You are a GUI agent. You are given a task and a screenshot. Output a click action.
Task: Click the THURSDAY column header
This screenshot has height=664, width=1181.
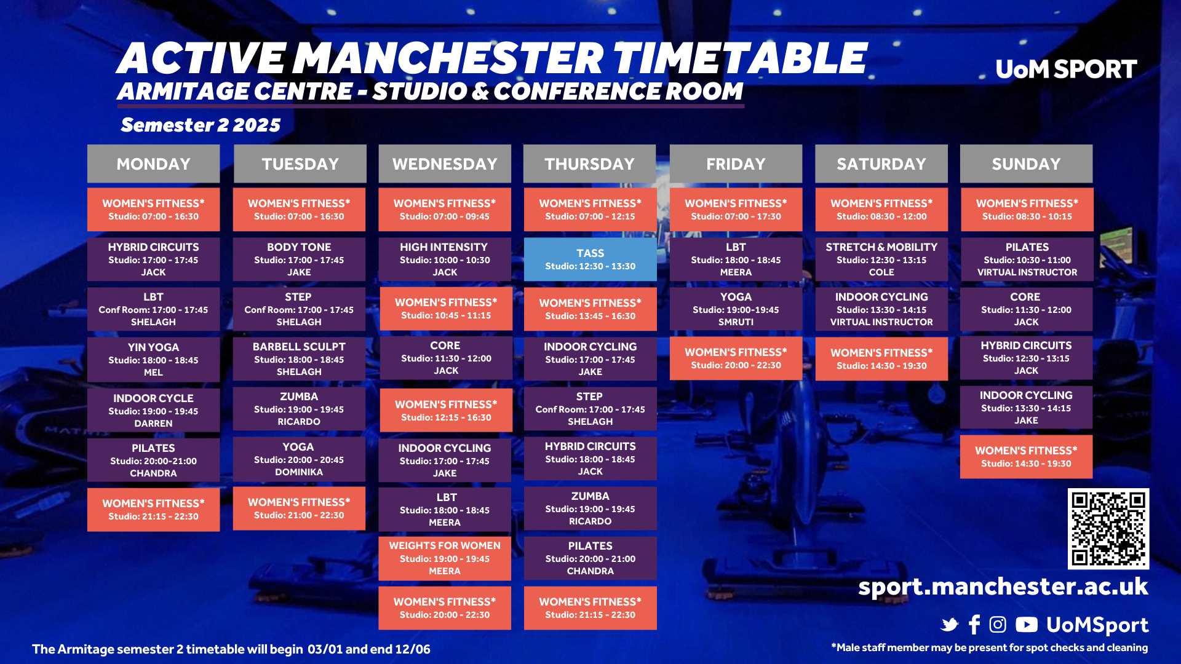click(x=589, y=164)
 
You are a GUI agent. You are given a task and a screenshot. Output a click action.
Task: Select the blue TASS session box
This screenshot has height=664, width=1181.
click(x=590, y=259)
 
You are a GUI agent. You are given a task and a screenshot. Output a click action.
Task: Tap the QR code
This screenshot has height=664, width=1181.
click(x=1108, y=529)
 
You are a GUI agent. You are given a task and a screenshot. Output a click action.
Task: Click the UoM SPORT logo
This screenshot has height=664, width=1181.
click(x=1066, y=69)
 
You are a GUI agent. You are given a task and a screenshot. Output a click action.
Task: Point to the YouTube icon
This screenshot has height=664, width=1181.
click(x=1027, y=625)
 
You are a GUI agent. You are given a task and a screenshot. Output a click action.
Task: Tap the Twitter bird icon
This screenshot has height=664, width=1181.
click(x=950, y=625)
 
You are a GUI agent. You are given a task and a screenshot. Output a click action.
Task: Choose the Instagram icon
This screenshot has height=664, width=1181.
click(x=998, y=625)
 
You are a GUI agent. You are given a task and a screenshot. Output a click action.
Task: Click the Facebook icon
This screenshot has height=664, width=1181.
click(x=974, y=625)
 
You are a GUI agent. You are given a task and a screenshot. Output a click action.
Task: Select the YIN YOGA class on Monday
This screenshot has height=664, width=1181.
click(x=153, y=360)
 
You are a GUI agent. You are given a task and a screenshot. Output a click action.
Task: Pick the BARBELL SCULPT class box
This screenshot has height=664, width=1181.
click(x=299, y=359)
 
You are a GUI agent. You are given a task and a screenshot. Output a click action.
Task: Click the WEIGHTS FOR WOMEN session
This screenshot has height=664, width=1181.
click(x=445, y=558)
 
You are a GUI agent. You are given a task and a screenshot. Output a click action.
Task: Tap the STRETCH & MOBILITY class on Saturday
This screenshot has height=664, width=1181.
click(x=881, y=259)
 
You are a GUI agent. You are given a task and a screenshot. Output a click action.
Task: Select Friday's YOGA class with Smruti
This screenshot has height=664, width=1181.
click(x=736, y=309)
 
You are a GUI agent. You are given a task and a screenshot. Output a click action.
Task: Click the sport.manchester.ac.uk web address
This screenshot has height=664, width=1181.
click(x=1003, y=587)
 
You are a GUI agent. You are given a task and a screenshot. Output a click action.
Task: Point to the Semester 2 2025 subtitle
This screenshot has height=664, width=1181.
click(x=201, y=125)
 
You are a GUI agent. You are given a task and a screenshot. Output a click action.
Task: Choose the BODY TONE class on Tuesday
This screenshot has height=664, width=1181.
click(x=299, y=259)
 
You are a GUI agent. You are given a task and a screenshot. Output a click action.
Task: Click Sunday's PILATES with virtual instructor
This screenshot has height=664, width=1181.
click(x=1027, y=259)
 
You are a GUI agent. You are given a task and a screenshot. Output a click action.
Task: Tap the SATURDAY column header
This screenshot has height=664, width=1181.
click(x=881, y=164)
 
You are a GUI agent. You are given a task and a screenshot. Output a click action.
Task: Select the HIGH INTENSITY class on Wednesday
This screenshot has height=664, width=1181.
click(x=445, y=259)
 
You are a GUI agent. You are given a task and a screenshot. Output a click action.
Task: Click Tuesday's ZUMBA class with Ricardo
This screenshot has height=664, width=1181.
click(x=299, y=409)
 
